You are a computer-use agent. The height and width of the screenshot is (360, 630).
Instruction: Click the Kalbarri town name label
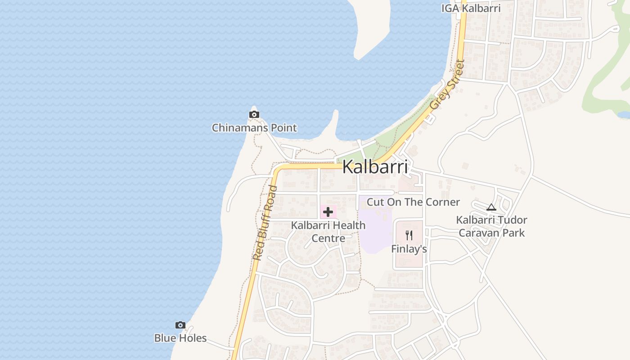point(375,167)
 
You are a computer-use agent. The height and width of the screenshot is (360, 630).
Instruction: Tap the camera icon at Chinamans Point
point(254,115)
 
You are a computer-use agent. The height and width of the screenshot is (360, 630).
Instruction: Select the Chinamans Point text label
point(254,128)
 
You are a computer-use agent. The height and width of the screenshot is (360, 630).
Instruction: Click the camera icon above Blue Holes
point(180,325)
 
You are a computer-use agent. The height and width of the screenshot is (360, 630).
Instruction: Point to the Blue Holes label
point(180,338)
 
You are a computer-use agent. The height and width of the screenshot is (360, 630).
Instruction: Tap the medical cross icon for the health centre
point(328,212)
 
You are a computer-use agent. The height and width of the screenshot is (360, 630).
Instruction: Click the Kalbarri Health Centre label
point(328,231)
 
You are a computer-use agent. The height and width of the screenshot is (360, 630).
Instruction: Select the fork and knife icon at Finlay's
point(409,235)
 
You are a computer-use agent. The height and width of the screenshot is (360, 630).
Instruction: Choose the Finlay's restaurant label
point(409,249)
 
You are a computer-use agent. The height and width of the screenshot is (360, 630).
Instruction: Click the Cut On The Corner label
point(413,202)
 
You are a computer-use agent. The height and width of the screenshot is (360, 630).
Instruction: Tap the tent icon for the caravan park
point(491,207)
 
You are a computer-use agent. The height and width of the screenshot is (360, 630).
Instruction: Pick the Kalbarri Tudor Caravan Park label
point(491,226)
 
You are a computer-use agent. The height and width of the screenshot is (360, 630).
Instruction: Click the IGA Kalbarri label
point(471,8)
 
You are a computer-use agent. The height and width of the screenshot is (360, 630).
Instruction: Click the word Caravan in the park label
point(477,233)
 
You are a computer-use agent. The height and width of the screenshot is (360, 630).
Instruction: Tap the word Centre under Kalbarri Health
point(328,238)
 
